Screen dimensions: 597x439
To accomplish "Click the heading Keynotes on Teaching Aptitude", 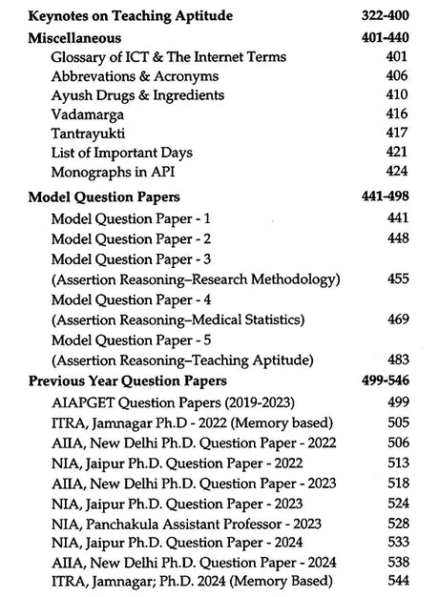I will pyautogui.click(x=131, y=16).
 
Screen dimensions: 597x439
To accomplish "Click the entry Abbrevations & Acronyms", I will pyautogui.click(x=135, y=76).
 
